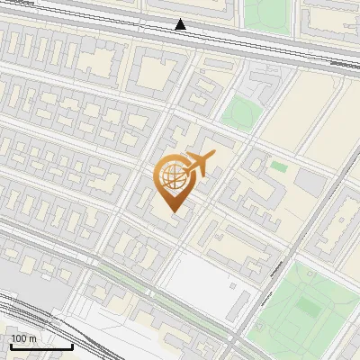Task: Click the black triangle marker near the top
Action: [x=181, y=24]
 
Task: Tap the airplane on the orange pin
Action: [x=200, y=164]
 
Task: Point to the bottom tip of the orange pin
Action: [x=172, y=213]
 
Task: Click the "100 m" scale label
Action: [x=23, y=338]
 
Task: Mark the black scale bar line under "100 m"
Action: [x=41, y=346]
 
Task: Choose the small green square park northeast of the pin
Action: [x=240, y=112]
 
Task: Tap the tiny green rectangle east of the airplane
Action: [x=279, y=166]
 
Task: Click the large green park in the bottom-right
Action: [x=310, y=306]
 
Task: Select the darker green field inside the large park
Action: [x=309, y=308]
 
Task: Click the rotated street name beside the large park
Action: [x=267, y=293]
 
